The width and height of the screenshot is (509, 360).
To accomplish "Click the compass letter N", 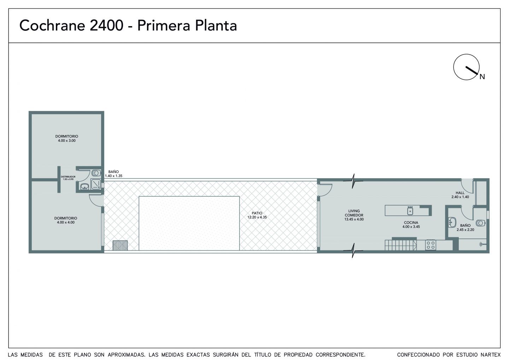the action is [x=482, y=77].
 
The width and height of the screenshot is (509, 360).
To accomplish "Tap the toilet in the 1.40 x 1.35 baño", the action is [x=96, y=173].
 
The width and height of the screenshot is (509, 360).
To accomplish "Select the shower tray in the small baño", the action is [x=96, y=184].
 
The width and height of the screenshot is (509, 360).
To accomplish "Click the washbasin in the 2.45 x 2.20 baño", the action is [x=452, y=222].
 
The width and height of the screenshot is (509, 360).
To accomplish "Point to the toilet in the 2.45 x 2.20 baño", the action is [x=481, y=223].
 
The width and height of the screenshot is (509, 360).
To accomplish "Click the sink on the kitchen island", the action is [x=410, y=211].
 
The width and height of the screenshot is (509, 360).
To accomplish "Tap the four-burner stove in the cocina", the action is [x=431, y=245].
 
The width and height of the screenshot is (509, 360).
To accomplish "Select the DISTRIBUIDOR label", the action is [x=68, y=176].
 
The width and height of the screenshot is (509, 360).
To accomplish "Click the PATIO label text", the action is [x=257, y=213].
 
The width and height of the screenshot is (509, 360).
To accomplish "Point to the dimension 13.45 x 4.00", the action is [x=354, y=219].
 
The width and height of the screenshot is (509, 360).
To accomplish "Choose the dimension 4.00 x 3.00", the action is [x=67, y=141].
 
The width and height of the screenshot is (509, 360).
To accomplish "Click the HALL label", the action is [x=460, y=193].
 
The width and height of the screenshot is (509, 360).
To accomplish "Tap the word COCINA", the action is [x=411, y=222].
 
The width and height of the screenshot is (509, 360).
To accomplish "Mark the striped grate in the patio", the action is [x=120, y=245].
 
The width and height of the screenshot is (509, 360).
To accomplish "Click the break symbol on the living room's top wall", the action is [x=353, y=181].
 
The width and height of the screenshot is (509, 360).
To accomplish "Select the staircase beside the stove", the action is [x=401, y=245].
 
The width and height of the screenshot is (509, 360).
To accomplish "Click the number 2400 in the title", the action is [x=107, y=25].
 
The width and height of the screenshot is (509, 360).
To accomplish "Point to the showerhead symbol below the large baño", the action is [x=482, y=245].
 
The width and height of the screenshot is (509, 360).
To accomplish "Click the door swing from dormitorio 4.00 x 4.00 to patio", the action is [x=95, y=201].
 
